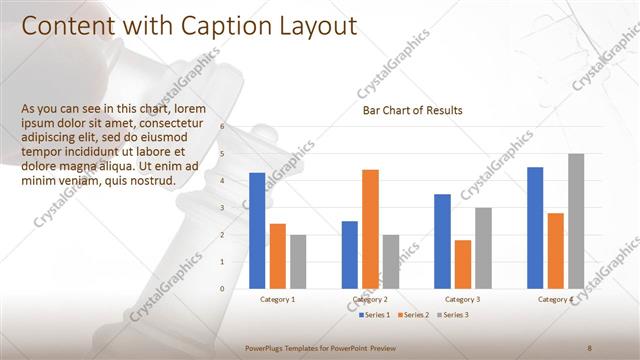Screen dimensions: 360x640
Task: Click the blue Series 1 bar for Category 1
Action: pyautogui.click(x=257, y=231)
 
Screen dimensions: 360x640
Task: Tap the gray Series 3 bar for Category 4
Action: pyautogui.click(x=576, y=221)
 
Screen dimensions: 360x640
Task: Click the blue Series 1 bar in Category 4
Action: pyautogui.click(x=535, y=228)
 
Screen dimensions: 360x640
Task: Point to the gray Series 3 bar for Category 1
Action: pyautogui.click(x=298, y=262)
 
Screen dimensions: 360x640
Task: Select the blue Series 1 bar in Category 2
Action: pyautogui.click(x=349, y=255)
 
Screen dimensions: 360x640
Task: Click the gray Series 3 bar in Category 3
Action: pyautogui.click(x=483, y=248)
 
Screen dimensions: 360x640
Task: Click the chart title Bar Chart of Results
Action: pyautogui.click(x=412, y=111)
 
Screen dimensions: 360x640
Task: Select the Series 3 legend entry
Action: pyautogui.click(x=452, y=315)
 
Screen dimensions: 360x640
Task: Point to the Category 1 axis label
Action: pyautogui.click(x=277, y=299)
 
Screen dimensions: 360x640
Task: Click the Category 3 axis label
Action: pyautogui.click(x=462, y=299)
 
